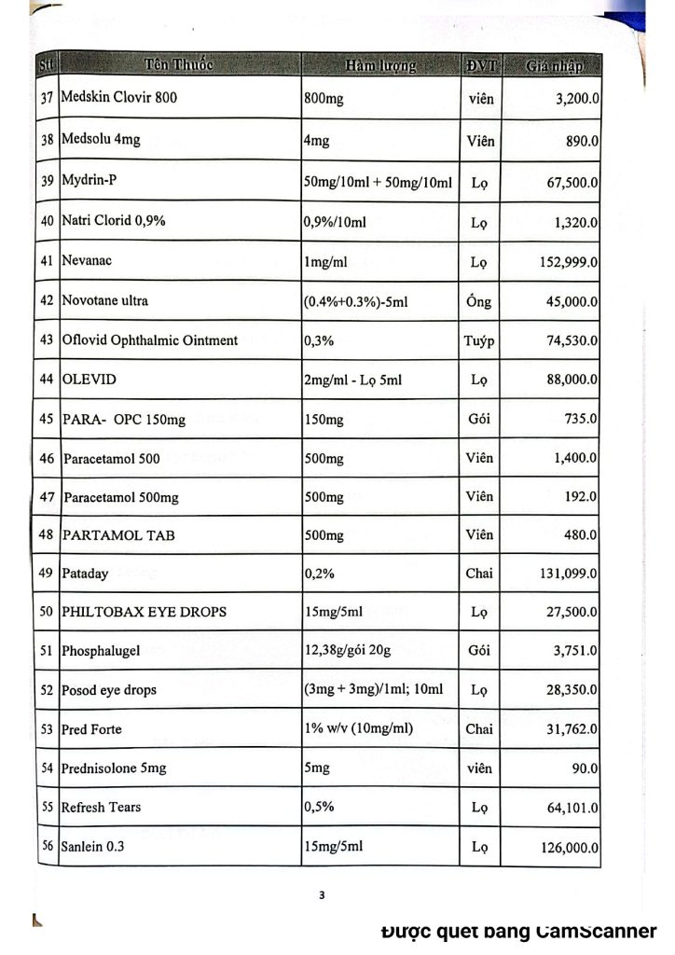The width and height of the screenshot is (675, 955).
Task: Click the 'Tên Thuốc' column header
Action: (179, 65)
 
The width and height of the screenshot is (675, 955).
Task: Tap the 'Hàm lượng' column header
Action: (379, 66)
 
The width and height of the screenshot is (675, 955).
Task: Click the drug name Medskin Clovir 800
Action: (118, 97)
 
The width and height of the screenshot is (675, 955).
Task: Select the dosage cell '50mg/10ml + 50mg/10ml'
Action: (378, 182)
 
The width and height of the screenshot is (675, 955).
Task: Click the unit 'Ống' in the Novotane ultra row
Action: (479, 301)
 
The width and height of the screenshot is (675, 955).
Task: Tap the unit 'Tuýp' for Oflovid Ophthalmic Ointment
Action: (479, 340)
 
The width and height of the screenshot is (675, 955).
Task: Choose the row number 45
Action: (46, 419)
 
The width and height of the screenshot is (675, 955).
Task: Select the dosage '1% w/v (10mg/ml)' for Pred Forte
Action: (358, 727)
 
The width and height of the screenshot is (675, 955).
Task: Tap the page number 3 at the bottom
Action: (322, 896)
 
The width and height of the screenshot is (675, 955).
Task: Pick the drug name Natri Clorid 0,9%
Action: (113, 222)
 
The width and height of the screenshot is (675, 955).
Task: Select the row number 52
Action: (46, 690)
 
